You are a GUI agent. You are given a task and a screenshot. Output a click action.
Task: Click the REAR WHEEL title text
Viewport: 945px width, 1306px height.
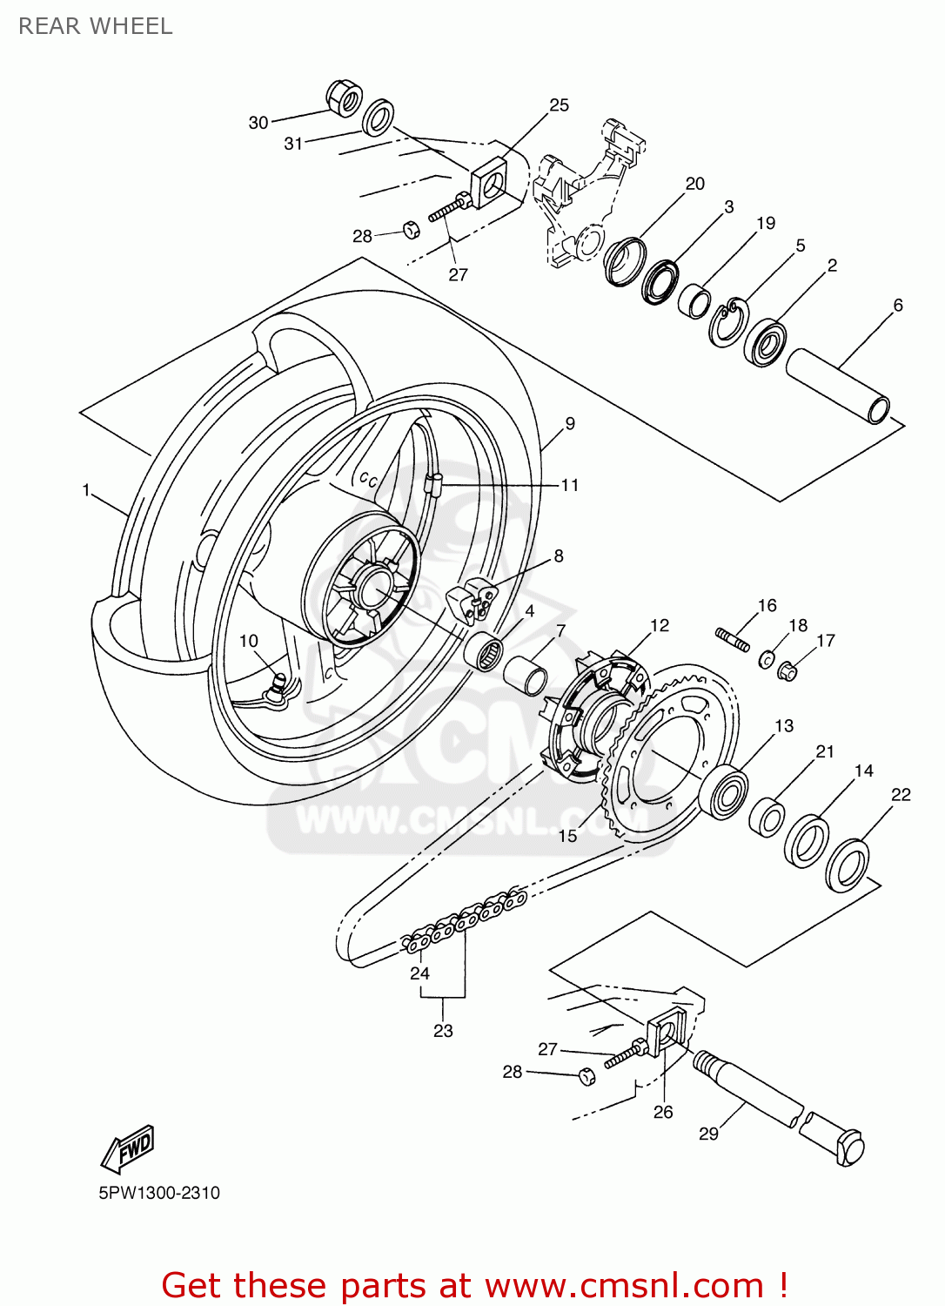pos(96,26)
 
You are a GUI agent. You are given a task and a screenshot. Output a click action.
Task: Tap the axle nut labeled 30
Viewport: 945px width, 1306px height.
pos(345,98)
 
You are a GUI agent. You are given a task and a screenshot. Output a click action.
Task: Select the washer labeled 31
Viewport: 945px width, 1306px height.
pos(378,118)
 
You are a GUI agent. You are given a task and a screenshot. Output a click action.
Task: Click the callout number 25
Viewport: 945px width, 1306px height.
pos(559,105)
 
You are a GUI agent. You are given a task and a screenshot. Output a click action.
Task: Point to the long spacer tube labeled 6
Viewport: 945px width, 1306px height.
pos(838,386)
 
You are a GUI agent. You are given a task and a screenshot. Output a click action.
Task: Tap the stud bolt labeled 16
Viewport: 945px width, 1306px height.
pos(734,639)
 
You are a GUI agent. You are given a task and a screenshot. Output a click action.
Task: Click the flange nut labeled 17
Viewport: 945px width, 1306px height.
pos(787,670)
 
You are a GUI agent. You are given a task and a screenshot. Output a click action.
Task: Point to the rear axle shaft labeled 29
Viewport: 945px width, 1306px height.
pos(774,1106)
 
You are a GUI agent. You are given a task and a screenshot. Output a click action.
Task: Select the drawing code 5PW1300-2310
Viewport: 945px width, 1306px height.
pos(159,1193)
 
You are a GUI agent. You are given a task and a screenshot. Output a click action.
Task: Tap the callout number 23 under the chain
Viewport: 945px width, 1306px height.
pos(443,1031)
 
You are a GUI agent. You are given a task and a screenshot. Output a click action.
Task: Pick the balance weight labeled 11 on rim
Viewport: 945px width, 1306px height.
pos(435,484)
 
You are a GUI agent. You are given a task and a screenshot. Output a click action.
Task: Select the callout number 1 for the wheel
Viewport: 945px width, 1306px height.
pos(86,490)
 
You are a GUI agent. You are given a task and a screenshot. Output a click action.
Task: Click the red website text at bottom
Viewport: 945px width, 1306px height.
pos(474,1285)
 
